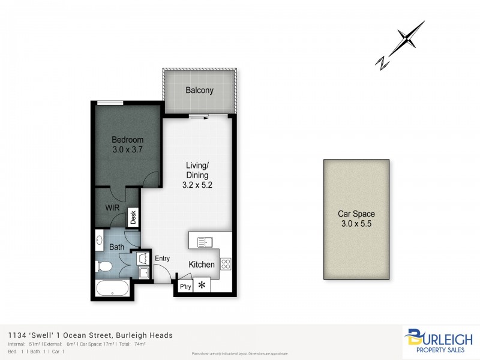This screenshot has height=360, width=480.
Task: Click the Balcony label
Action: pos(199,91)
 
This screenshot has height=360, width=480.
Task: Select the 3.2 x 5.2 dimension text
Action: pos(198,186)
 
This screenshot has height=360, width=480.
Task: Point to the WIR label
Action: pos(112,208)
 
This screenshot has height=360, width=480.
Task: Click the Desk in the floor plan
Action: pos(133,217)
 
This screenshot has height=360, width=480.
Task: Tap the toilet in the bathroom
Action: pos(103,266)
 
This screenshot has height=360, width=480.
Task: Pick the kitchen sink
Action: pos(205,242)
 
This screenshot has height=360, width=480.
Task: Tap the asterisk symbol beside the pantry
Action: pos(202,284)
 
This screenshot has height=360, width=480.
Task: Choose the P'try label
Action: pos(185,287)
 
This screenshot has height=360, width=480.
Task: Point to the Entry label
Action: pos(163,259)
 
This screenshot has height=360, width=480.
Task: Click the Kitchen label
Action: pos(202,265)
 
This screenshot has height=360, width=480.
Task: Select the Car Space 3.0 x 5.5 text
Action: pos(356,219)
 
